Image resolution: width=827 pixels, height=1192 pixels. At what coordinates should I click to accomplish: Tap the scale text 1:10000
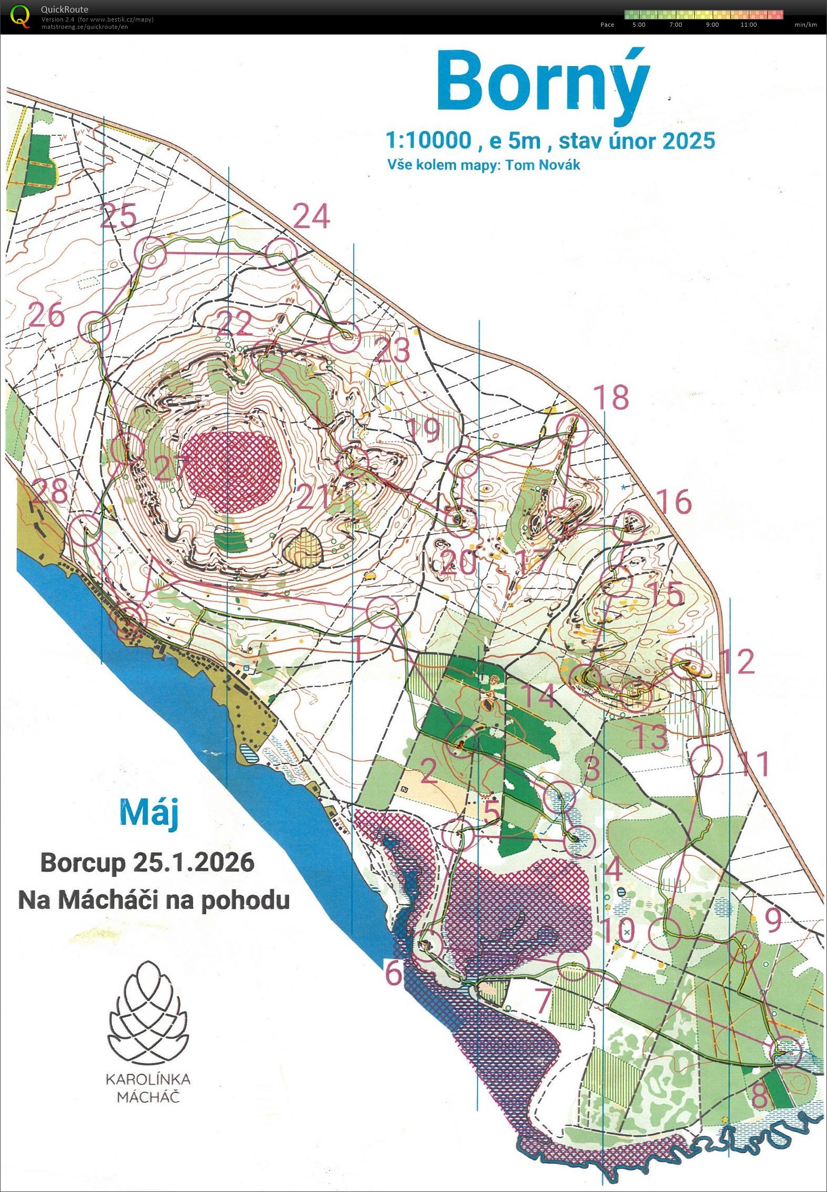pyautogui.click(x=428, y=141)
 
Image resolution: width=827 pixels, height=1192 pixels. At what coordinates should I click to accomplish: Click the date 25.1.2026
pyautogui.click(x=194, y=862)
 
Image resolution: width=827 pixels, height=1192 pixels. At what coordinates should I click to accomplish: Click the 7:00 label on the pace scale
pyautogui.click(x=676, y=25)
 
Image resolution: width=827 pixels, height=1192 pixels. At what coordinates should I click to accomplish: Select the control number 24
pyautogui.click(x=311, y=216)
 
